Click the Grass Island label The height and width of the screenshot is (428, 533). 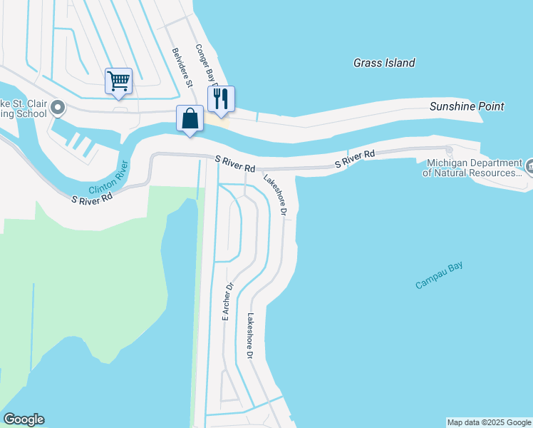point(384,63)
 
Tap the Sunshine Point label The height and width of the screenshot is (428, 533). point(467,106)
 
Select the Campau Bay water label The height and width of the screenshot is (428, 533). point(439,275)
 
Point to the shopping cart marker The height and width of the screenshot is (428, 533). point(118,81)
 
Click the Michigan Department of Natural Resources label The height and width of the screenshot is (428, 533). point(472,168)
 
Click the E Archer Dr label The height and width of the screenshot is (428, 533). point(227,302)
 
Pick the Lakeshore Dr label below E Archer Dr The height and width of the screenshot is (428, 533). point(249,336)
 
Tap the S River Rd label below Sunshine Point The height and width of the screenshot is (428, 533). point(355,159)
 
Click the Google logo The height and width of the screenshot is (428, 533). point(24,419)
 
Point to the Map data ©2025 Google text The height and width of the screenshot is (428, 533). point(489,422)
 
